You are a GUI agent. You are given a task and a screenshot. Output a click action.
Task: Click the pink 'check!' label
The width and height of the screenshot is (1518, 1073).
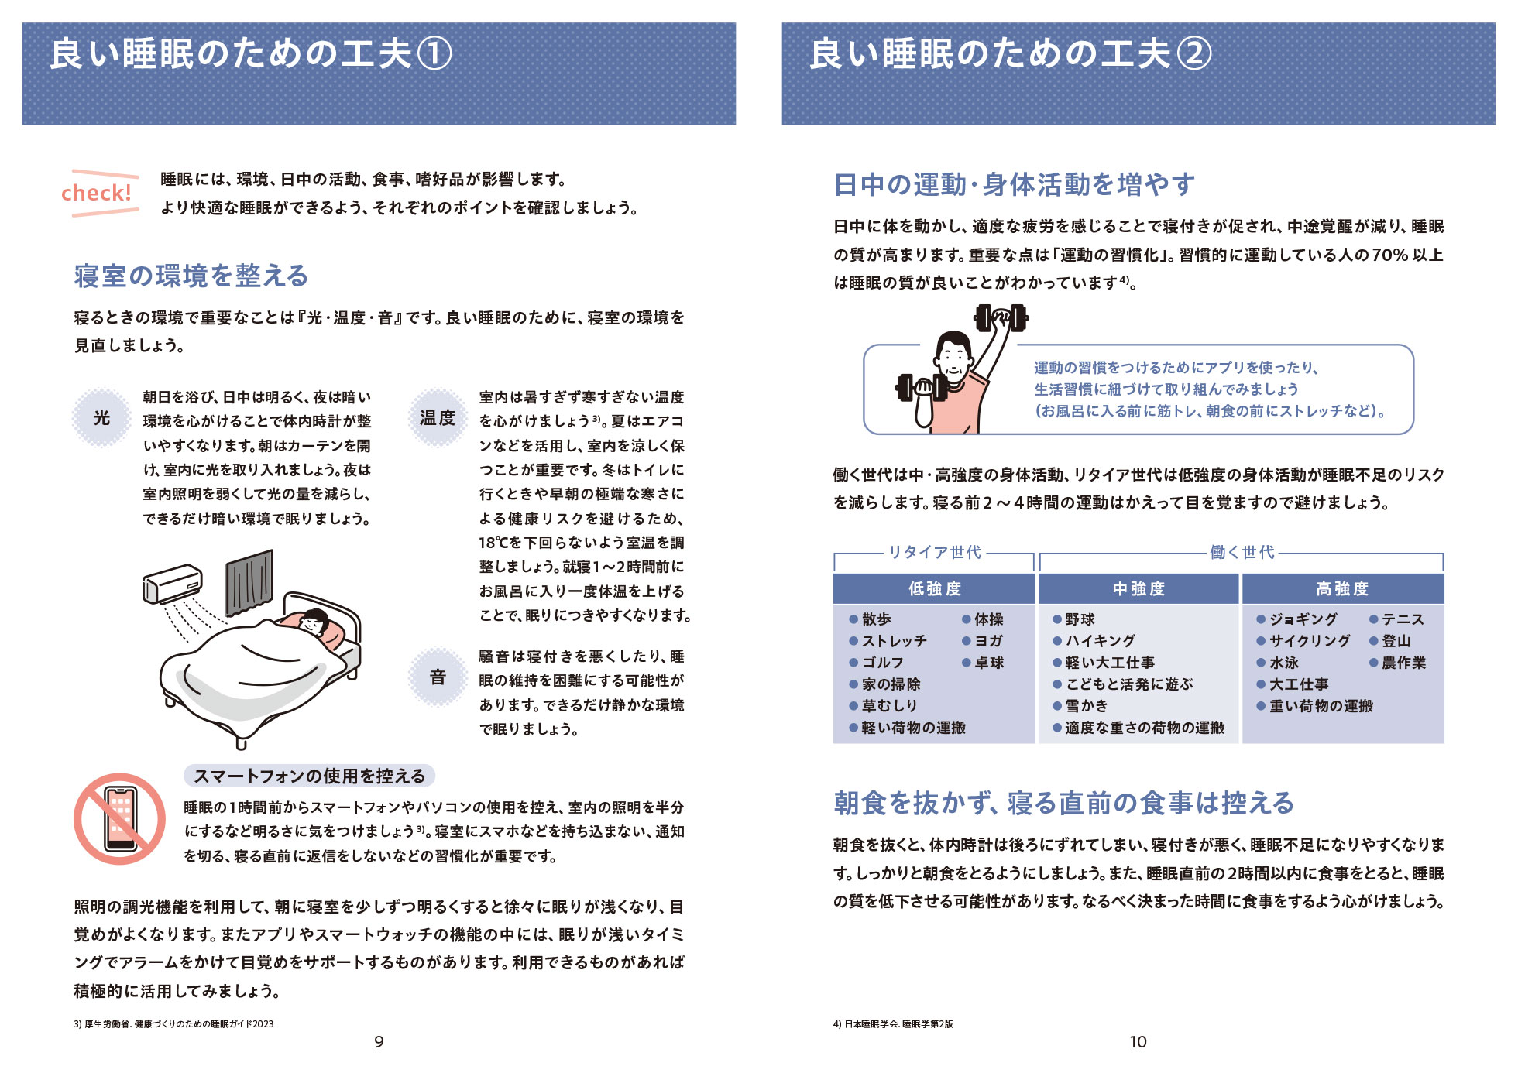click(x=97, y=193)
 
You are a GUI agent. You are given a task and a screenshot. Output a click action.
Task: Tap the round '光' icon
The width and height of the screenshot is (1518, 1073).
click(x=101, y=418)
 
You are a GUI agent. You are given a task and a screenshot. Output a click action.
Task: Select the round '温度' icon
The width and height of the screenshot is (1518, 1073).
click(x=437, y=418)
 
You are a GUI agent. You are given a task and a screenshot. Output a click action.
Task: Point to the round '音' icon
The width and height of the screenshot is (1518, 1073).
click(x=438, y=677)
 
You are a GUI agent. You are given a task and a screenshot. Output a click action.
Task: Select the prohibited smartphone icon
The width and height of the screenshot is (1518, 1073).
click(x=119, y=819)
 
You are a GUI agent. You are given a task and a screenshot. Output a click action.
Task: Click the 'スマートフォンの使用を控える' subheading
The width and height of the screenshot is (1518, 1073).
click(x=309, y=776)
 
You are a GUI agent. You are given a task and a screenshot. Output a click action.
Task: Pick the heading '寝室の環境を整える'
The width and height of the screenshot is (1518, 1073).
click(x=191, y=276)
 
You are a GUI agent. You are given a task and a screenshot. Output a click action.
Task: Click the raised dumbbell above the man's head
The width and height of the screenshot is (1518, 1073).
click(x=1001, y=317)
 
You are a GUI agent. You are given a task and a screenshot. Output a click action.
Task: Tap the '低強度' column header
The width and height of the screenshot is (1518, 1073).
click(x=934, y=589)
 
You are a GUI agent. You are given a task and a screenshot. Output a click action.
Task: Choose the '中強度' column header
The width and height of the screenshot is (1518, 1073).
click(x=1138, y=589)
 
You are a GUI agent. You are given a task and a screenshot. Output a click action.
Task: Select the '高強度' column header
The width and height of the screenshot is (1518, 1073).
click(x=1342, y=589)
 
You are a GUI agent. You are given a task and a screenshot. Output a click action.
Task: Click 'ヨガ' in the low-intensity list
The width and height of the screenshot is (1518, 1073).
click(x=988, y=641)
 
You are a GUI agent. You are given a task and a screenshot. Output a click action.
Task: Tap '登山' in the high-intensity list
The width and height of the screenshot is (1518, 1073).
click(x=1396, y=641)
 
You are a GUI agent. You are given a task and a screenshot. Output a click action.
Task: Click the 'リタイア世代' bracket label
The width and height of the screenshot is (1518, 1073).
click(x=934, y=552)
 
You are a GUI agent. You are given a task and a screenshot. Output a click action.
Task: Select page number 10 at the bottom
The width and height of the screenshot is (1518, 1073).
click(x=1138, y=1042)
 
